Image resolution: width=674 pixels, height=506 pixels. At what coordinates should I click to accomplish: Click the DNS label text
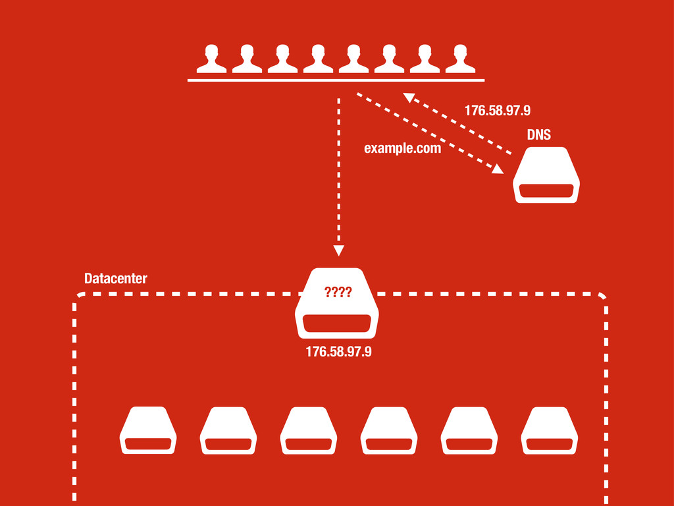538,135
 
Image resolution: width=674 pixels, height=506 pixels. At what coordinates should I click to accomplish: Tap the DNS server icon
546,175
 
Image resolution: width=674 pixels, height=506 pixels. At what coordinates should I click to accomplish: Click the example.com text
402,149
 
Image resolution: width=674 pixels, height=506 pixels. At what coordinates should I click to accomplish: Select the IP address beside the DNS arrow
497,111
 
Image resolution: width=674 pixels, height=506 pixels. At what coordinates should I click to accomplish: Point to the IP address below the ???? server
338,352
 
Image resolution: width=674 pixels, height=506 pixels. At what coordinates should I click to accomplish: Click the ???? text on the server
338,293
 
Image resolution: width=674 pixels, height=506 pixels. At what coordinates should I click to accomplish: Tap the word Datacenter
116,279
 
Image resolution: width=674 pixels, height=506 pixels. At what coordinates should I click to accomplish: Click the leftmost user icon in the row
211,59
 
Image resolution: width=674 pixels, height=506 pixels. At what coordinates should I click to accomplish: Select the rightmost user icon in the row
460,59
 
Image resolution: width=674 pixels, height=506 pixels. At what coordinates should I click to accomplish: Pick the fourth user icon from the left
318,59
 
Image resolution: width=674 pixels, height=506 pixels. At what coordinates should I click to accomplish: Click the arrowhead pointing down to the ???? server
338,250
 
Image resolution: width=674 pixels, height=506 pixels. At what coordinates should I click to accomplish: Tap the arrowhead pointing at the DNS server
498,169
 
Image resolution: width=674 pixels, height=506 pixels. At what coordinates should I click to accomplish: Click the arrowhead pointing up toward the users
409,98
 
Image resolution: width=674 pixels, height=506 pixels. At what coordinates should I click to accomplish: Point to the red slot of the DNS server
546,190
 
